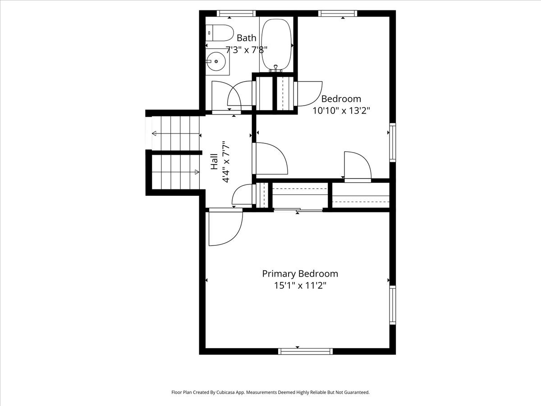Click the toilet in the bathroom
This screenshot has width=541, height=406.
(x=220, y=32)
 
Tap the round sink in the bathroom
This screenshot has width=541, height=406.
(x=216, y=61)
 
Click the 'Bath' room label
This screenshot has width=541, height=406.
(x=246, y=38)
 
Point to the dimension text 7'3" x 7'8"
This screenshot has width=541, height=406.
(x=247, y=50)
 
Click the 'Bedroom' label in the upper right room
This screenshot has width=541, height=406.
(x=341, y=99)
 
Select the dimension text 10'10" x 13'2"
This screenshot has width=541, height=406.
(x=341, y=111)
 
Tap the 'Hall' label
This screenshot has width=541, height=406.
(x=214, y=162)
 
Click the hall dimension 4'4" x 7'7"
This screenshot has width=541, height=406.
(x=226, y=162)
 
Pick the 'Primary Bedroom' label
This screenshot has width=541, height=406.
(x=300, y=273)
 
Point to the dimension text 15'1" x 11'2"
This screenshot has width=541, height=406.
(x=300, y=285)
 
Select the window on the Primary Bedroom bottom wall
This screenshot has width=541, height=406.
(x=306, y=351)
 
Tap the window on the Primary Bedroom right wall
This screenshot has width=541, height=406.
(x=392, y=305)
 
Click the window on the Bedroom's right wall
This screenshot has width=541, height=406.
(x=392, y=143)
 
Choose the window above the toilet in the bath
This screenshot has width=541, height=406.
(x=236, y=14)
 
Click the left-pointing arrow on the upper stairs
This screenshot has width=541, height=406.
(x=155, y=134)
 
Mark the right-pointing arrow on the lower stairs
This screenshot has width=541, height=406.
(x=197, y=171)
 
